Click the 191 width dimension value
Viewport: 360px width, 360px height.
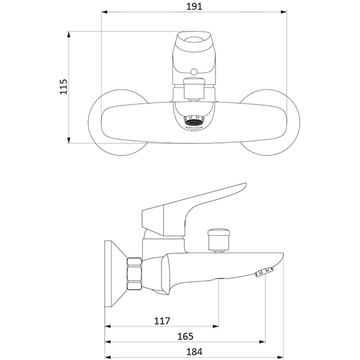[x=194, y=6]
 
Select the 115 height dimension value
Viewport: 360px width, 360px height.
[x=64, y=86]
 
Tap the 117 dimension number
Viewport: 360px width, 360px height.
[x=162, y=321]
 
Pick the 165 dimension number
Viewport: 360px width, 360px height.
[x=185, y=337]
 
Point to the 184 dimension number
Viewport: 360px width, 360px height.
[x=194, y=352]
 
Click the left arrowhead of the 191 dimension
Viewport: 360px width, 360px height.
[x=104, y=12]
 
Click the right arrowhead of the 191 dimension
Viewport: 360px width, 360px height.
[x=284, y=12]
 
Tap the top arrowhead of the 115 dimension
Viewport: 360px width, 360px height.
[x=68, y=34]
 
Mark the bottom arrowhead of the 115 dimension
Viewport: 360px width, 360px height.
[x=68, y=140]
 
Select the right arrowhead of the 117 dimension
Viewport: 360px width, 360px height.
[x=215, y=326]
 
